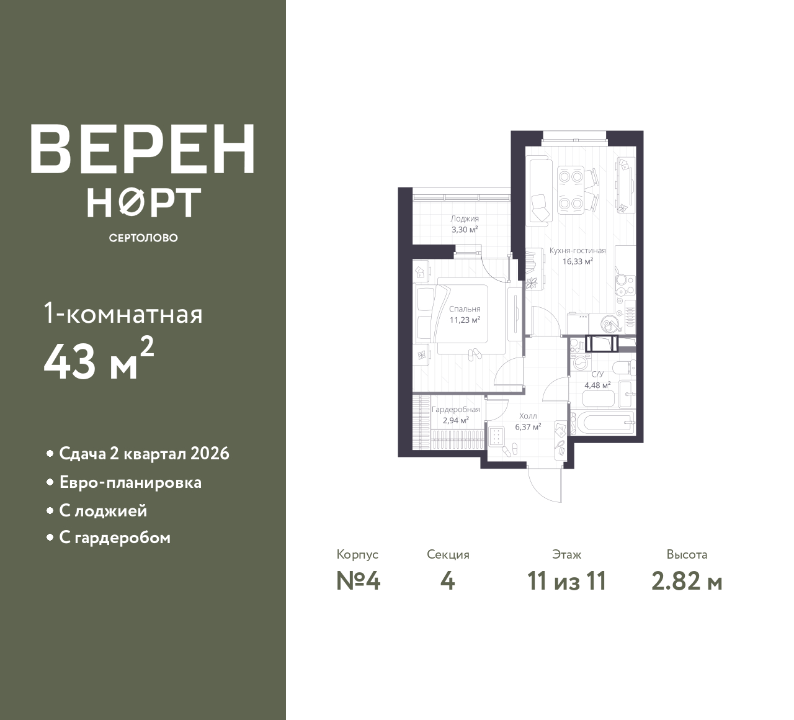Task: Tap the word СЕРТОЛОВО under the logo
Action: point(143,238)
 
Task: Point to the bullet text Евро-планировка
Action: point(130,482)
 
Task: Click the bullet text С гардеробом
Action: point(115,538)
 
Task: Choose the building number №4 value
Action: point(358,582)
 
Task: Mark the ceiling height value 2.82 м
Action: point(687,582)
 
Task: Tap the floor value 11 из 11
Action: point(566,582)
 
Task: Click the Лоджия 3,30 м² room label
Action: point(465,224)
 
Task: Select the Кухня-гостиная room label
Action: point(578,256)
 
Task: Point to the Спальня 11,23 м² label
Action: point(465,315)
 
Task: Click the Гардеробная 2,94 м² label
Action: point(455,415)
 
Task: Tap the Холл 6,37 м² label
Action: point(529,421)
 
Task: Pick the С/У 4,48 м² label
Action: point(597,379)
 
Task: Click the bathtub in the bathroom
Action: point(605,424)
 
